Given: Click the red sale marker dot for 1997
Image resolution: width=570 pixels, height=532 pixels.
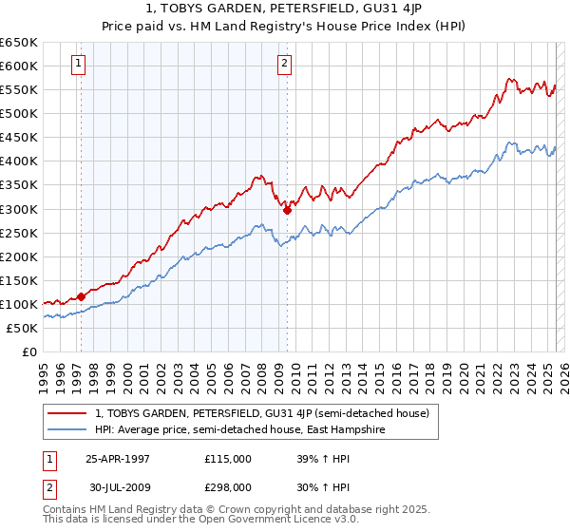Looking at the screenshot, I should coord(82,296).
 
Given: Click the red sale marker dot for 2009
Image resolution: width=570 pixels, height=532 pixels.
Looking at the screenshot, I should coord(287,210).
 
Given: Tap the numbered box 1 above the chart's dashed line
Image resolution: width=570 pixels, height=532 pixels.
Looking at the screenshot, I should coord(78,65).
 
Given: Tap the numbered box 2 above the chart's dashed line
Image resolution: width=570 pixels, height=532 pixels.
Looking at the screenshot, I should coord(284,65).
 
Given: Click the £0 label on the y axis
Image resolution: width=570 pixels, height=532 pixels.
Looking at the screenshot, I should coord(28,351).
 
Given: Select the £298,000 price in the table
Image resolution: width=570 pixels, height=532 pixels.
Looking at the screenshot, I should coord(228,486).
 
